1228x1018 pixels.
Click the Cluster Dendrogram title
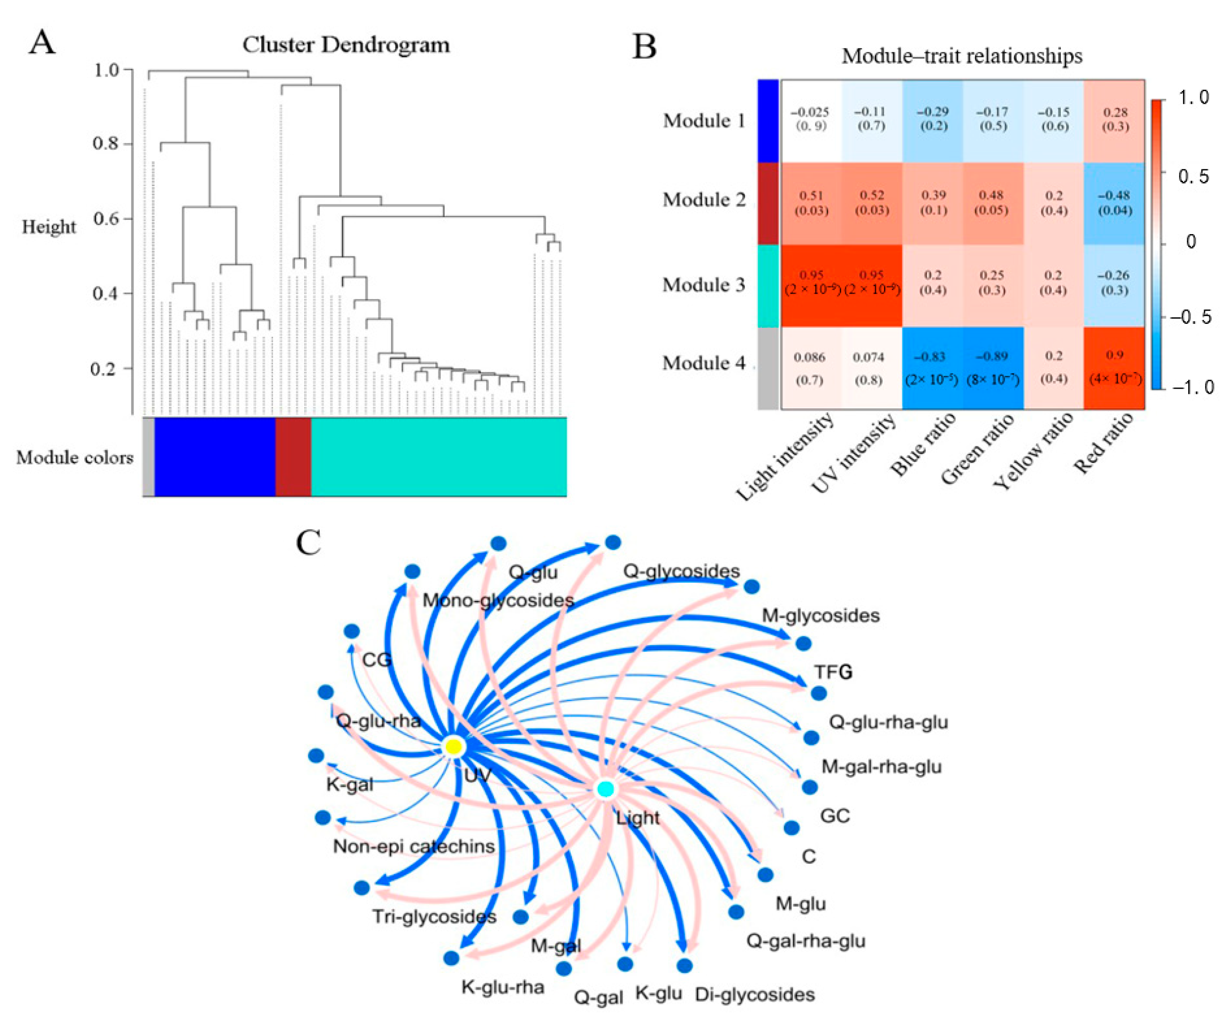[346, 45]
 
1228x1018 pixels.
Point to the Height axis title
[49, 227]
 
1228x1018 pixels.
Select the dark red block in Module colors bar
[293, 456]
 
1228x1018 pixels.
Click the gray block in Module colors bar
[148, 456]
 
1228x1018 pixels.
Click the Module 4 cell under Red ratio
[1114, 368]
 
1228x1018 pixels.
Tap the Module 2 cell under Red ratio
[1114, 203]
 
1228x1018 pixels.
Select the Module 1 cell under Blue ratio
[933, 119]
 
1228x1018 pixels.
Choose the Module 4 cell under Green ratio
[993, 368]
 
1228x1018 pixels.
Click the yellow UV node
[453, 746]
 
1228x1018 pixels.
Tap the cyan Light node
[605, 789]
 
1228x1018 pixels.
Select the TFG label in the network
[833, 672]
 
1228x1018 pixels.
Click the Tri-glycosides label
[435, 916]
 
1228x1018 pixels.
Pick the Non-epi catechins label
[414, 846]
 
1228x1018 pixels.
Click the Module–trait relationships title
[961, 56]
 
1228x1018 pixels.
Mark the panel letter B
[644, 47]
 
